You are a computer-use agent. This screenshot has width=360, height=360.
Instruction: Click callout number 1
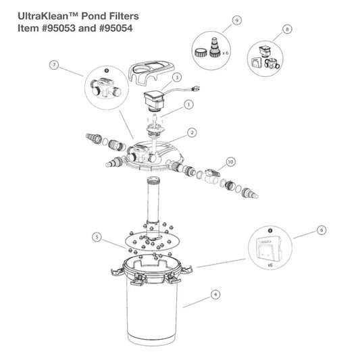(x=188, y=105)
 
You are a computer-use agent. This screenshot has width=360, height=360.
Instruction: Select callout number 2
(x=192, y=132)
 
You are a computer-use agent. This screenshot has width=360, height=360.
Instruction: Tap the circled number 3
(x=177, y=78)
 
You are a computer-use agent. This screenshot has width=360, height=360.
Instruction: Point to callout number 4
(x=215, y=294)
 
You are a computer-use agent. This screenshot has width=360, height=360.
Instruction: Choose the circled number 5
(x=97, y=236)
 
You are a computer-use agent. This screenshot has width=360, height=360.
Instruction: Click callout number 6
(x=322, y=230)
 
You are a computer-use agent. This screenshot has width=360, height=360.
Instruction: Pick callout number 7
(x=54, y=65)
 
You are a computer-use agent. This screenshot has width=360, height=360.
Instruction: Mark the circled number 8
(x=287, y=30)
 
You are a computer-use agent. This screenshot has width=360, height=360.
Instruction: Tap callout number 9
(x=237, y=20)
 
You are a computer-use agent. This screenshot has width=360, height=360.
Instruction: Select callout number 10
(x=230, y=162)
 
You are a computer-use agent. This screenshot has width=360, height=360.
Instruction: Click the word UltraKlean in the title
(x=43, y=16)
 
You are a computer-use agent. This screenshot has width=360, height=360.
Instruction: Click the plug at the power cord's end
(x=197, y=88)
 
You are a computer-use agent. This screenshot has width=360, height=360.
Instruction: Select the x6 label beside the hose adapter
(x=226, y=53)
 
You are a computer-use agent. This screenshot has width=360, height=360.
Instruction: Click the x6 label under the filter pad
(x=270, y=265)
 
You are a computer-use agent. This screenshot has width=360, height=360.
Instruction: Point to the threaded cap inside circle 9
(x=201, y=52)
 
